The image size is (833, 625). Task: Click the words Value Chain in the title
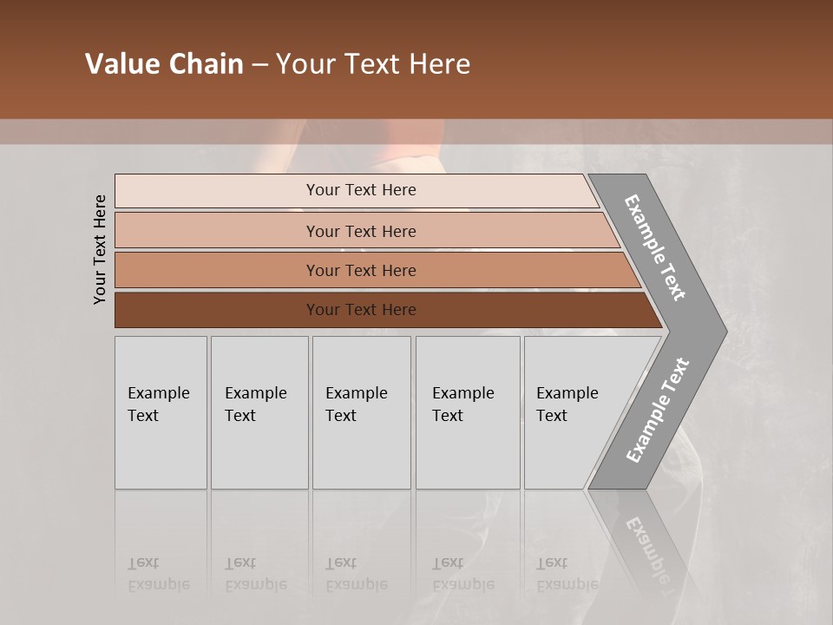tap(164, 64)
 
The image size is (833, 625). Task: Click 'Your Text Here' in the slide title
tap(373, 64)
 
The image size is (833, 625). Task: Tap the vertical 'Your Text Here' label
tap(100, 250)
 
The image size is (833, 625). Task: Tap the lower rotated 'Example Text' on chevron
tap(658, 410)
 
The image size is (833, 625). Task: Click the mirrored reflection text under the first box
tap(159, 574)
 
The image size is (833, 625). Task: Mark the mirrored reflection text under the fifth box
tap(567, 574)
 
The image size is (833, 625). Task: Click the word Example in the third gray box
tap(356, 393)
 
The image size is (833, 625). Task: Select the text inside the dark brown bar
tap(361, 310)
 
